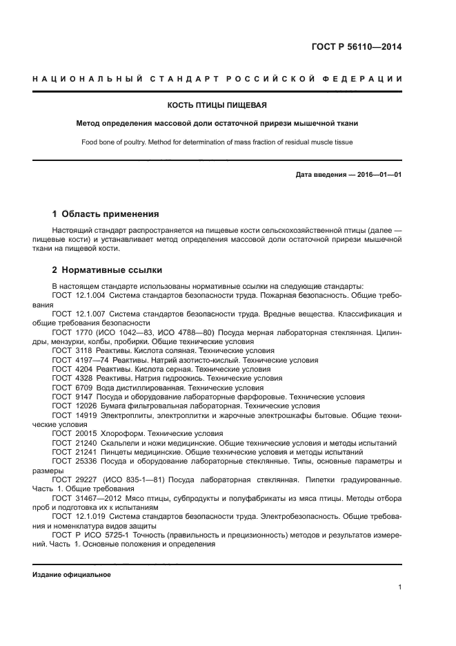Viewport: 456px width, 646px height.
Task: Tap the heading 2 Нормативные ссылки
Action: pos(108,270)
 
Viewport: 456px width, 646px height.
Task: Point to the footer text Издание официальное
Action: pos(72,575)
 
